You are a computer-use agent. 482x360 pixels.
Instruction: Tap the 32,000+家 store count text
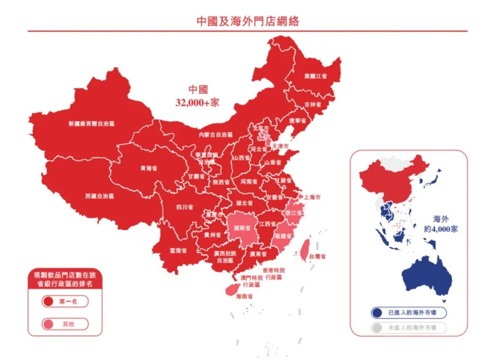click(198, 102)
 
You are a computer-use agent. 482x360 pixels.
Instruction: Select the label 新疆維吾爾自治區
click(91, 124)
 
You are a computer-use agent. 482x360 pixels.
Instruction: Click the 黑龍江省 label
click(316, 76)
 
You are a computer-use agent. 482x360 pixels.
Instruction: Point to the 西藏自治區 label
click(100, 196)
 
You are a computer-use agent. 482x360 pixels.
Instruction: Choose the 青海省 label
click(149, 169)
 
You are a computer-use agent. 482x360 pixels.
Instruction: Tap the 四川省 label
click(184, 207)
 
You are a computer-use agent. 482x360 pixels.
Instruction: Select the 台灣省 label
click(317, 256)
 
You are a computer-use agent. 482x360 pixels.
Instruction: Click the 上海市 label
click(312, 197)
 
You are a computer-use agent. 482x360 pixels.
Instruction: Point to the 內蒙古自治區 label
click(216, 134)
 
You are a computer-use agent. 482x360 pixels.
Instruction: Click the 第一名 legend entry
click(65, 302)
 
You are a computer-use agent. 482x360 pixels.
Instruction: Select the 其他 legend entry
click(65, 324)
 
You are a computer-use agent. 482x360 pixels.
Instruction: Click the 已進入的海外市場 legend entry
click(408, 313)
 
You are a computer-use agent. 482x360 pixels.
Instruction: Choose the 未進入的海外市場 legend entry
click(408, 328)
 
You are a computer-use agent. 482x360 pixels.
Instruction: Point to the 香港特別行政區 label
click(274, 274)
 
